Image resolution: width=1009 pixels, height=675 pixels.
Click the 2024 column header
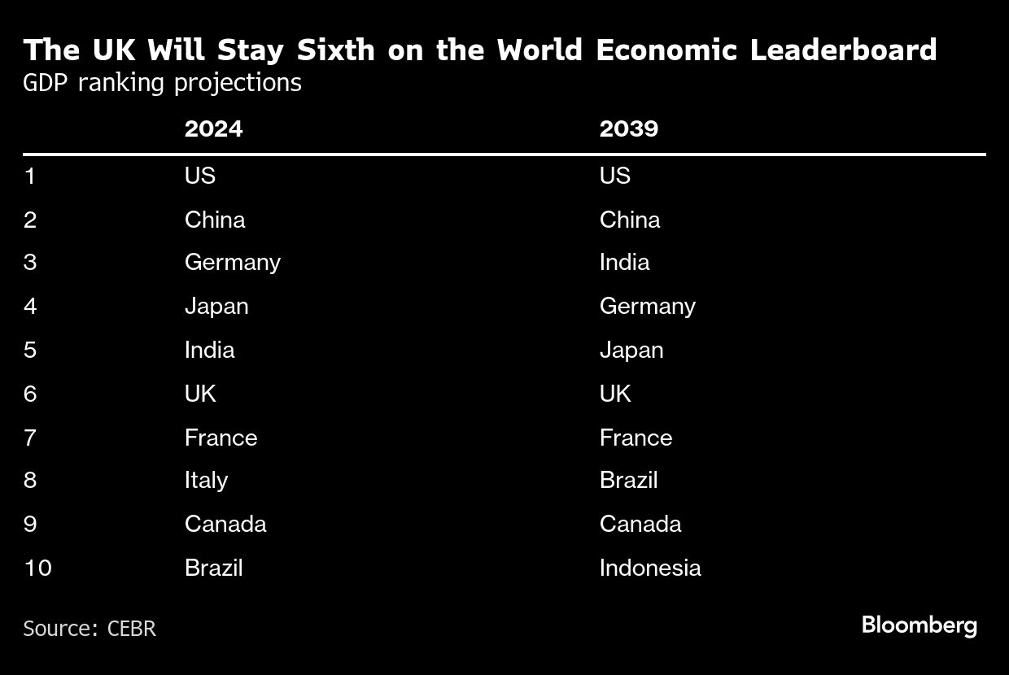point(213,129)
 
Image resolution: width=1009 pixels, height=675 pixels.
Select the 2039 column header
point(628,129)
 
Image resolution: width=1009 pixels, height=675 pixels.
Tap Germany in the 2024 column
point(232,263)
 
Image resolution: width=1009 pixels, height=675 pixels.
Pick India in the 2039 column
point(624,263)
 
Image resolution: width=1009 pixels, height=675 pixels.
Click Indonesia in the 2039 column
point(649,568)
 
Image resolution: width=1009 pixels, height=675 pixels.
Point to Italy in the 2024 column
point(206,480)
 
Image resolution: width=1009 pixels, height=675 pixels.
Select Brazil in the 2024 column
point(213,568)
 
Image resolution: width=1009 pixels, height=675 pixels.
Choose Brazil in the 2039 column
point(628,480)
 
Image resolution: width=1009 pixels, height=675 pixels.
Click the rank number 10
point(37,568)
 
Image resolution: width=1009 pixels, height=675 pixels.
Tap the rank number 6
point(30,394)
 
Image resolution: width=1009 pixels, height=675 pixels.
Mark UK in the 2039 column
point(615,394)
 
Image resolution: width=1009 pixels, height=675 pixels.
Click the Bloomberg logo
point(919,626)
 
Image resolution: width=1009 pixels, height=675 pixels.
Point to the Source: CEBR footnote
point(89,629)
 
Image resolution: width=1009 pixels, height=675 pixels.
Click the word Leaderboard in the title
point(843,50)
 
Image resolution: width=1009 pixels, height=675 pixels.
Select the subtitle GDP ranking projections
point(162,83)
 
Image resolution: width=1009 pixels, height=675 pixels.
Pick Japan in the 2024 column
point(216,307)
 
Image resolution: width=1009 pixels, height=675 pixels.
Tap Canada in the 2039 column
point(640,524)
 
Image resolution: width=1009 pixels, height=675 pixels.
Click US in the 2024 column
point(199,176)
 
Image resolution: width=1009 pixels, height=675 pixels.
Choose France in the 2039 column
point(636,438)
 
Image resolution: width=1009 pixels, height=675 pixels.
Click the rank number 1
point(30,176)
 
